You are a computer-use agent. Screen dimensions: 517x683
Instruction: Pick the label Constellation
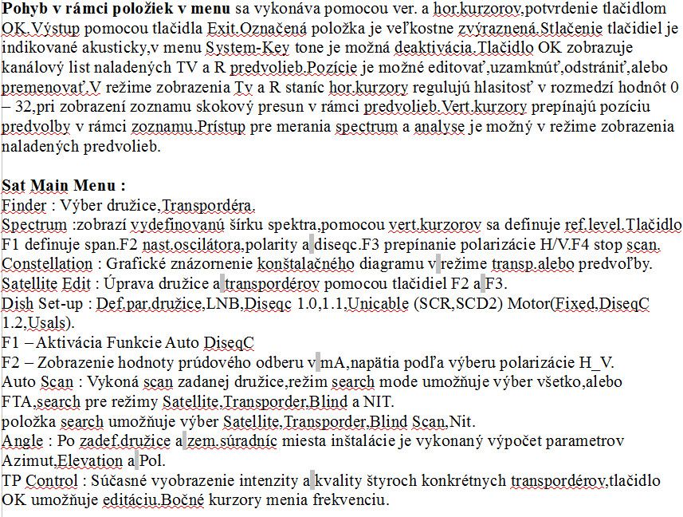[47, 263]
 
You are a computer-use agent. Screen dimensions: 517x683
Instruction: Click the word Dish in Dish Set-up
[18, 303]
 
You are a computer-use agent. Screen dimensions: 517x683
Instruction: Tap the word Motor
[529, 303]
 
